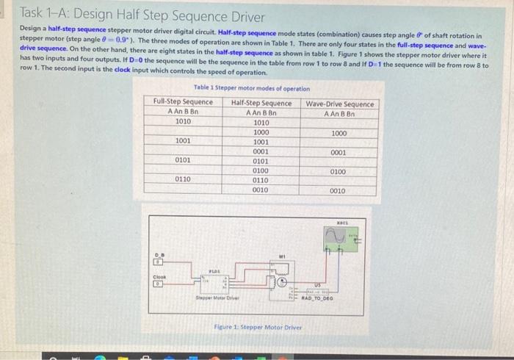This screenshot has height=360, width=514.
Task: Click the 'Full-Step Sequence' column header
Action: pos(183,102)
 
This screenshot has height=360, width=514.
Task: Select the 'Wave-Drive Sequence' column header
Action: pos(339,104)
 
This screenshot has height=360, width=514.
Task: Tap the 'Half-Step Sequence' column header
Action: pos(261,103)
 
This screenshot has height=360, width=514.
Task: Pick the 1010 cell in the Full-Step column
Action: pos(183,122)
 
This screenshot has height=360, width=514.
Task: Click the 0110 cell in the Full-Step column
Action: pos(183,179)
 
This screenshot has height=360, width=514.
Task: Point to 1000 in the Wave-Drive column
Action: pos(339,133)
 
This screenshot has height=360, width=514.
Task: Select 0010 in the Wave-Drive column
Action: pos(339,191)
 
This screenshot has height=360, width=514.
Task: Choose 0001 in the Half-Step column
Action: pos(261,151)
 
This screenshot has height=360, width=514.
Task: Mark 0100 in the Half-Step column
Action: pos(261,170)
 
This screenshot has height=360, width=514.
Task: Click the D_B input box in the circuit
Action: pos(156,261)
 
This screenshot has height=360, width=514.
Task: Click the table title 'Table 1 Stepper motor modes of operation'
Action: pos(252,88)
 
